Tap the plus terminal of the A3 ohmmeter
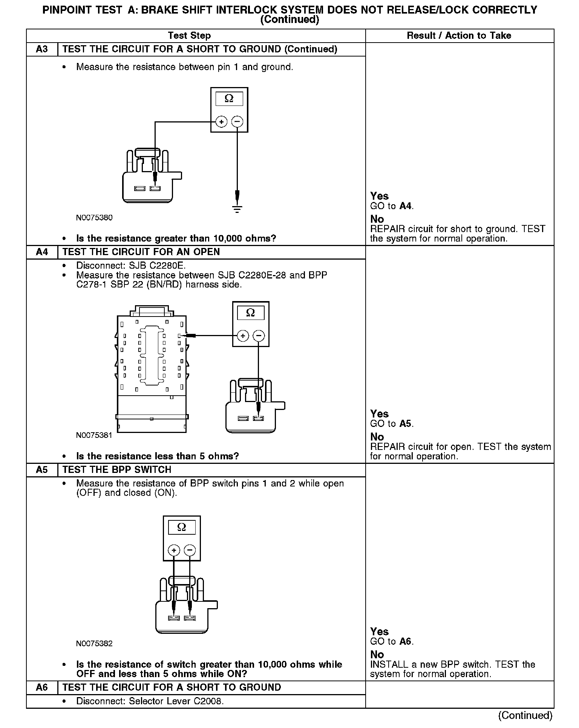tap(221, 122)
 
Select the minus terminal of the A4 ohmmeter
tap(259, 336)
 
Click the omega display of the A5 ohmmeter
tap(182, 527)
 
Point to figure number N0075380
tap(94, 218)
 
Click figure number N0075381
tap(94, 435)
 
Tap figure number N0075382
tap(94, 644)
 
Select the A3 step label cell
tap(42, 49)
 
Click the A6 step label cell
tap(42, 687)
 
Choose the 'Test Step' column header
tap(189, 36)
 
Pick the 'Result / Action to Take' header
tap(459, 36)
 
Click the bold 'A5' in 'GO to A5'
tap(405, 424)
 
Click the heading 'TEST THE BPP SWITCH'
tap(117, 470)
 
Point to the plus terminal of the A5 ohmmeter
tap(174, 551)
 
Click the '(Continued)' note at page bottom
tap(525, 716)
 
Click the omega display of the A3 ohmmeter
tap(229, 99)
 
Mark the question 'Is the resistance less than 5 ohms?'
tap(158, 456)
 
